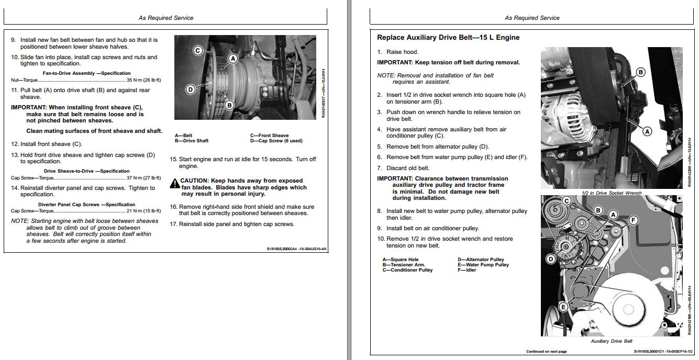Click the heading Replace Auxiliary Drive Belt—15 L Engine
click(448, 38)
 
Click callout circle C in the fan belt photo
click(198, 50)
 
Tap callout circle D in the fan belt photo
click(191, 89)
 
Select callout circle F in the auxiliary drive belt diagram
click(633, 220)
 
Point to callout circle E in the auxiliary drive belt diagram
click(563, 307)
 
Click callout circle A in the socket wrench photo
click(647, 131)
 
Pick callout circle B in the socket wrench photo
click(640, 72)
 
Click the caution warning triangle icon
click(174, 184)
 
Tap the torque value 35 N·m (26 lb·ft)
click(143, 80)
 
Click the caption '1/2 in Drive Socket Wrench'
click(612, 193)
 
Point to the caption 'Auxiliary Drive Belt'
click(612, 341)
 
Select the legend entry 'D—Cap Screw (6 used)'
click(276, 141)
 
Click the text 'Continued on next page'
click(546, 352)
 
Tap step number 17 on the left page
click(173, 224)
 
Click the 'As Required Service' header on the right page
click(532, 18)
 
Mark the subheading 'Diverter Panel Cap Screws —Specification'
click(86, 205)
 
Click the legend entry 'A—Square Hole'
click(401, 260)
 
